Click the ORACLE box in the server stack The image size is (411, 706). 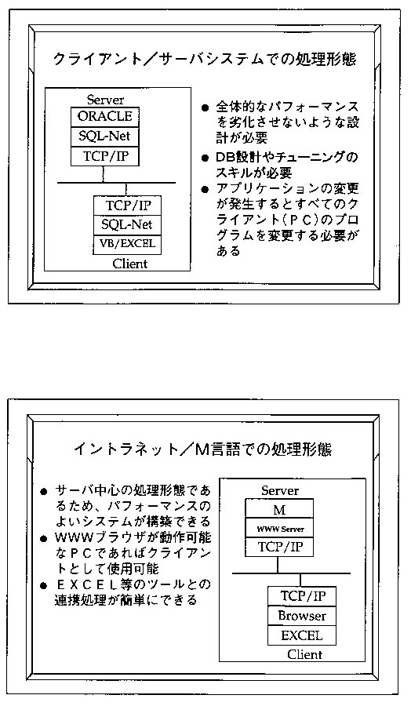105,117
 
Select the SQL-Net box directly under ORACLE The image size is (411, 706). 105,136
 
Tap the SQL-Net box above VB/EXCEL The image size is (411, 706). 127,225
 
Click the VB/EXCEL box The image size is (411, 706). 127,245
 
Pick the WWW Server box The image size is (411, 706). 279,528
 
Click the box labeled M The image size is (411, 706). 279,508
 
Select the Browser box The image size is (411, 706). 302,616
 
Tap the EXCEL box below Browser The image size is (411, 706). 302,635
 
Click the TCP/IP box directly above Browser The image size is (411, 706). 302,596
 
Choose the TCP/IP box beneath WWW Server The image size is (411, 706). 279,547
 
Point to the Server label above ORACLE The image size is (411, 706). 105,100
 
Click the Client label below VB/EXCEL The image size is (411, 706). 130,264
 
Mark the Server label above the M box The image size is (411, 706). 280,491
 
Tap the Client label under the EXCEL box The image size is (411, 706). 305,654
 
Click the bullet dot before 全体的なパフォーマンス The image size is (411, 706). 205,108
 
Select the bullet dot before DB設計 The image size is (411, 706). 205,159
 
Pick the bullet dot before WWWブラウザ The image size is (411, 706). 44,539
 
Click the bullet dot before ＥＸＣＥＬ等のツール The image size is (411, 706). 44,586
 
